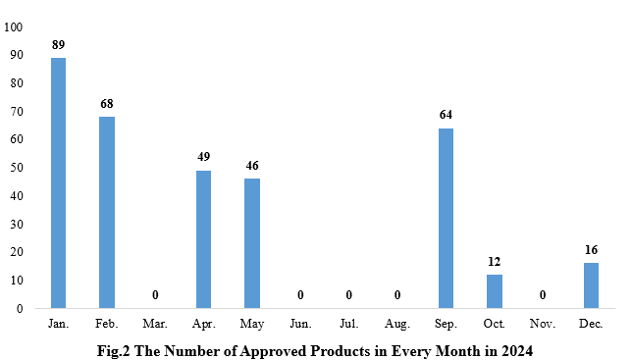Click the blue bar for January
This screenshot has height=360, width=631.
point(58,182)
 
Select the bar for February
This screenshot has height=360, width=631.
point(107,212)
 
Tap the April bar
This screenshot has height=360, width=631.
point(203,239)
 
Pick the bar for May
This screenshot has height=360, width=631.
point(252,243)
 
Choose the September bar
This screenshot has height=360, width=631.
point(446,218)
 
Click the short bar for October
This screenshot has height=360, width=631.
point(494,291)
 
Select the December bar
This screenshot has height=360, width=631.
point(591,285)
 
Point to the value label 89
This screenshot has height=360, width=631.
point(58,44)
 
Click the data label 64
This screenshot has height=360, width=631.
point(446,115)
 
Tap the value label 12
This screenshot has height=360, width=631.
point(494,262)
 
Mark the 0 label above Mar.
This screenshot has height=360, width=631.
point(155,294)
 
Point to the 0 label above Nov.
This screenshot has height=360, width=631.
point(543,294)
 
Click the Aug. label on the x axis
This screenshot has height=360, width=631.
point(396,323)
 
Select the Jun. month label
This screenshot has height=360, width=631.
point(300,323)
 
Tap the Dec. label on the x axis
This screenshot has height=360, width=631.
point(591,323)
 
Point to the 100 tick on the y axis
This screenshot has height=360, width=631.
point(14,26)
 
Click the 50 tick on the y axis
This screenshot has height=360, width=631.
point(17,168)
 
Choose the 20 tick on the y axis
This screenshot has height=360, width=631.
point(17,252)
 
